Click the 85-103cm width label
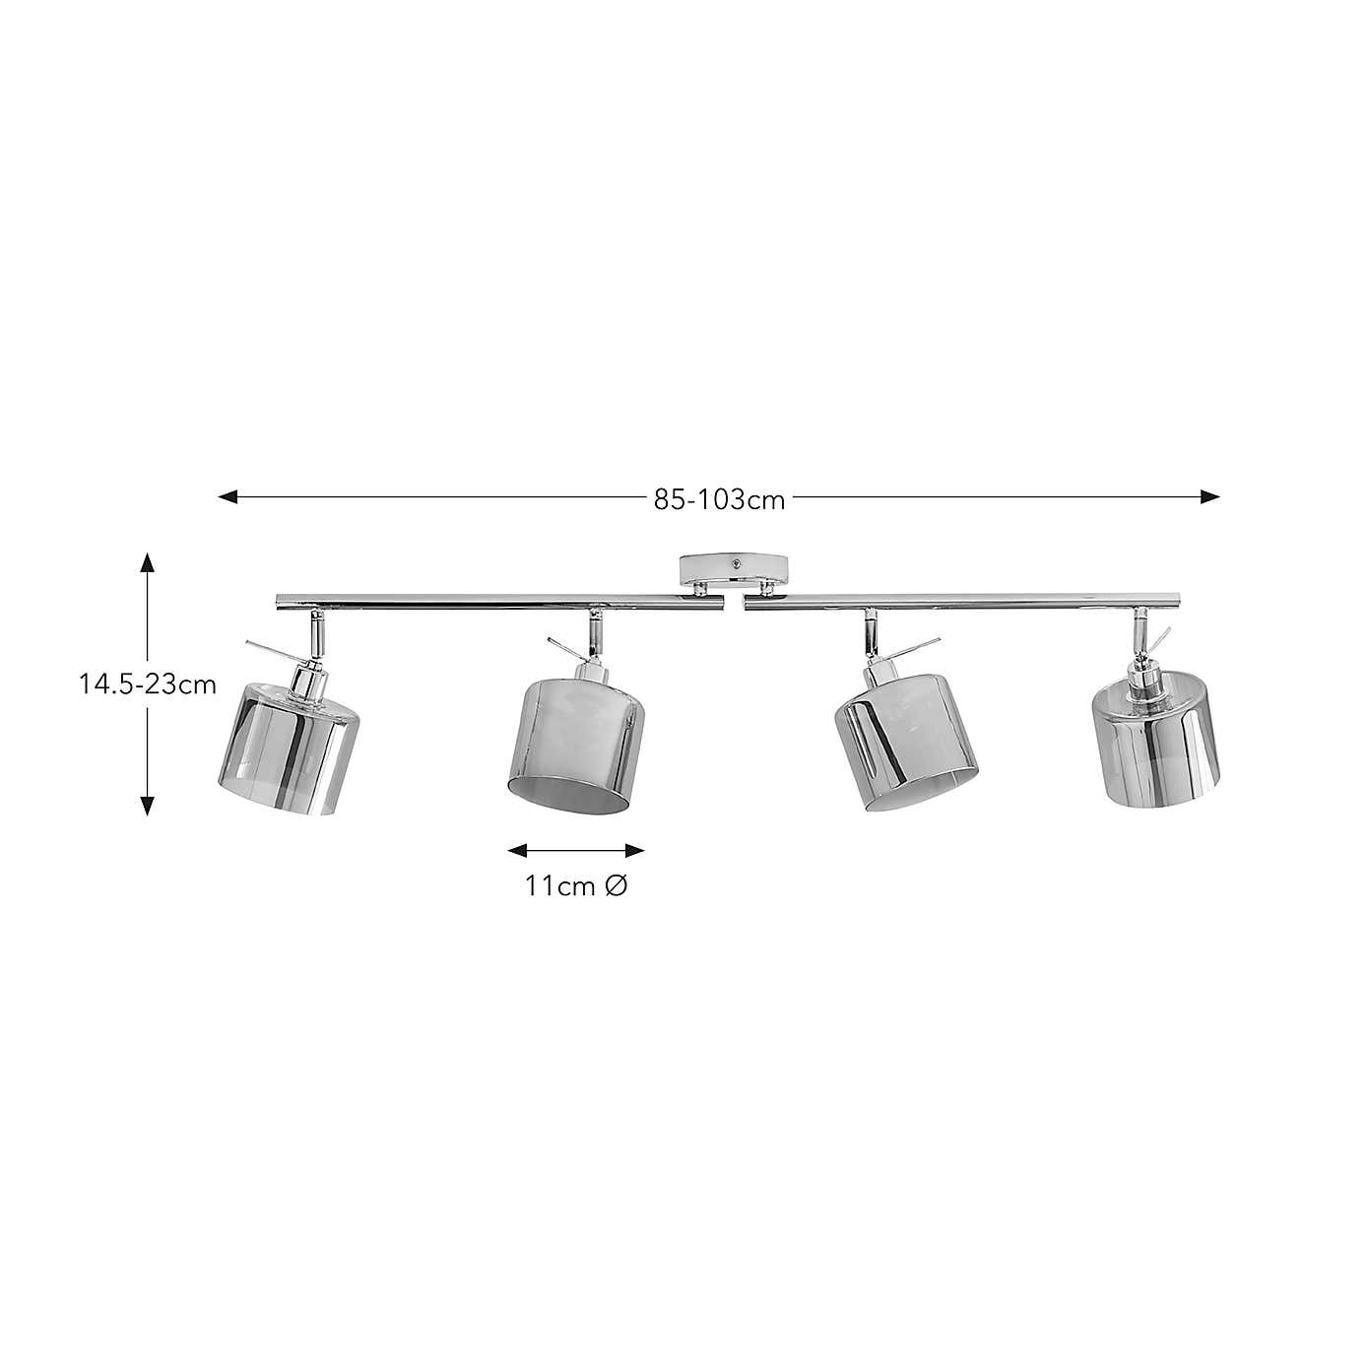719,499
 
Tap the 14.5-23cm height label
148,684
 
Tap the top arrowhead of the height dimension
148,562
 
